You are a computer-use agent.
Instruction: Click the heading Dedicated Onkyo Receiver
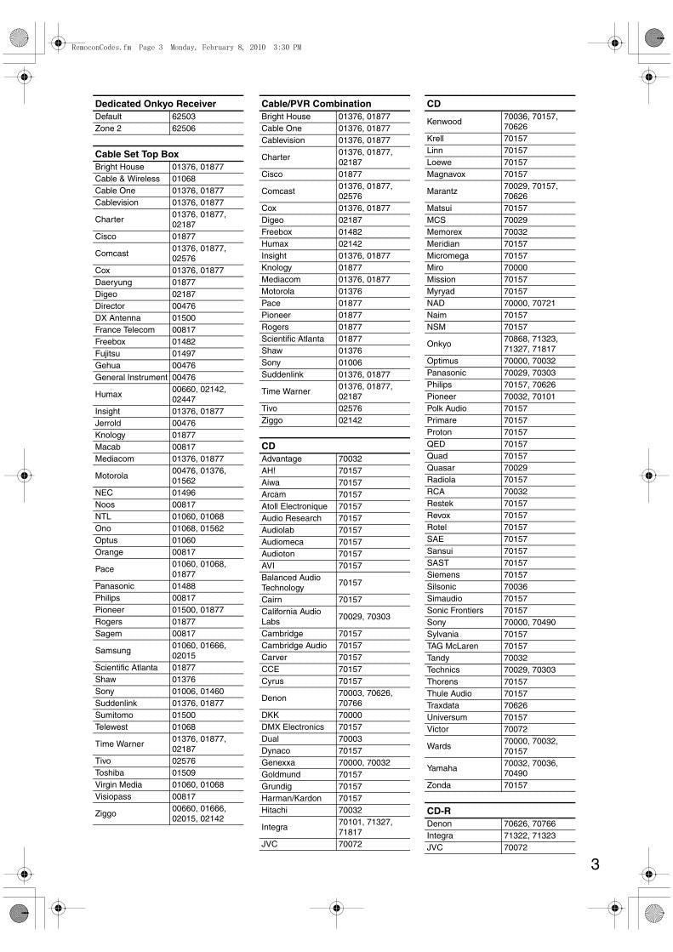coord(155,104)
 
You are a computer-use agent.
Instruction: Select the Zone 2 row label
coord(108,128)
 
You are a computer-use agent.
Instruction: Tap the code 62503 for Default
coord(184,117)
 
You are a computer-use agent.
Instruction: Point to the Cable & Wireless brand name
coord(127,179)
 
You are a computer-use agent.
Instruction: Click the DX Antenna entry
coord(117,317)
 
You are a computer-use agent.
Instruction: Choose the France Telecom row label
coord(124,329)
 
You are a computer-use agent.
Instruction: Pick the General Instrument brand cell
coord(131,377)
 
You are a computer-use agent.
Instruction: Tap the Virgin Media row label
coord(118,784)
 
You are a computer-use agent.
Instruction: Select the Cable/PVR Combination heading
coord(316,104)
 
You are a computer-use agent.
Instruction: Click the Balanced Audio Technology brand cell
coord(291,583)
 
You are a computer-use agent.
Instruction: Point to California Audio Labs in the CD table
coord(291,616)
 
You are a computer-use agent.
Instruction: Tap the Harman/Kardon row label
coord(292,798)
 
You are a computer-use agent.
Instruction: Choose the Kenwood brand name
coord(444,122)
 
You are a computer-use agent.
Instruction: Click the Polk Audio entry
coord(447,408)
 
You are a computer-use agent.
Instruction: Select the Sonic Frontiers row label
coord(454,610)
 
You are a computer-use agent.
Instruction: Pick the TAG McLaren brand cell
coord(452,646)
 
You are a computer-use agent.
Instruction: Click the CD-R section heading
coord(438,812)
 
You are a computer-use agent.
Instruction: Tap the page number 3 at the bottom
coord(595,864)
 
